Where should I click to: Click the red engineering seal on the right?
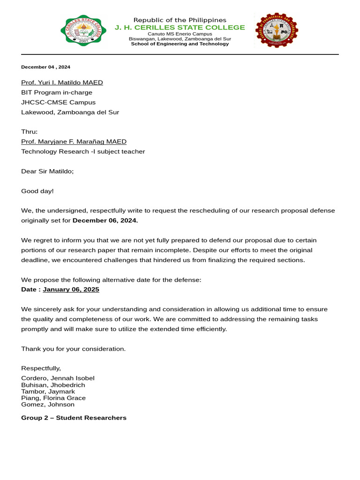click(x=277, y=31)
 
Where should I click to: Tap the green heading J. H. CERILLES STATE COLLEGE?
click(x=180, y=27)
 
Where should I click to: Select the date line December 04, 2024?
click(x=45, y=67)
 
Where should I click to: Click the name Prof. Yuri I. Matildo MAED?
click(x=62, y=82)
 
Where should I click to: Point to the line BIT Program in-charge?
click(x=57, y=92)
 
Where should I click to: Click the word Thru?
click(x=29, y=132)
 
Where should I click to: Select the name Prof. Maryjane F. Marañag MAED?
click(x=74, y=142)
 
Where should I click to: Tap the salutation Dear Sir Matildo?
click(x=47, y=171)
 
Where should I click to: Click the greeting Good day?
click(x=37, y=191)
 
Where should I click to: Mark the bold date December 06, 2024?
click(x=105, y=220)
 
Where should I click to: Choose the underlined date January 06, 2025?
click(x=71, y=289)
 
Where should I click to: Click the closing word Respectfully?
click(x=41, y=368)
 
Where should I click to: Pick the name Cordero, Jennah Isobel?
click(x=58, y=378)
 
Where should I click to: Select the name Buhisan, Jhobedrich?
click(x=53, y=385)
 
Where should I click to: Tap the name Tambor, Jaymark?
click(x=48, y=391)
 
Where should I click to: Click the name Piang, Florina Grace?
click(x=53, y=398)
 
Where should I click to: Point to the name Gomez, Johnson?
click(x=47, y=405)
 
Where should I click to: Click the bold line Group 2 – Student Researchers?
click(x=74, y=418)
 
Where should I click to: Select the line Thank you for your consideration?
click(x=73, y=349)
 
